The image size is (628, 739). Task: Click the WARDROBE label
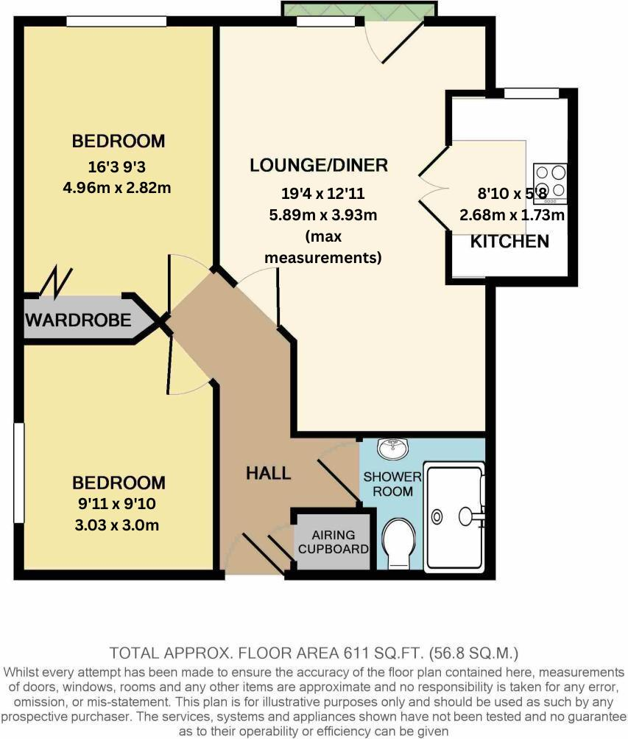click(78, 320)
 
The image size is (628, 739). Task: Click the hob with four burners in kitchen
click(551, 182)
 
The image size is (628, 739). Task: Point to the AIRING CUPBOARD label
click(333, 542)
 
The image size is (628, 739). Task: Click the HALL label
click(268, 473)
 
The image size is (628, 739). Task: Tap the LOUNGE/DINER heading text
click(318, 165)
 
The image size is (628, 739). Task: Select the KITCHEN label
click(509, 241)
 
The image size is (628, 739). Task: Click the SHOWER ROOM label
click(392, 483)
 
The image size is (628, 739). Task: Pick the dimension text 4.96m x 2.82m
click(118, 187)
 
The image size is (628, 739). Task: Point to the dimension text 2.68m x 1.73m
click(512, 216)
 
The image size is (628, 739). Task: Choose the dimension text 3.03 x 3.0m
click(118, 526)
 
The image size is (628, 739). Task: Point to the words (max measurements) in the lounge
click(323, 248)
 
